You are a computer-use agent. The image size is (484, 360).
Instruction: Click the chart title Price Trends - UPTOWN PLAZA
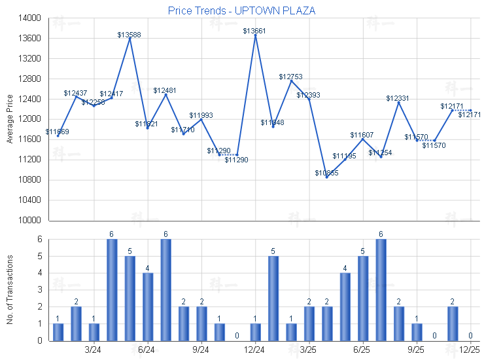[241, 11]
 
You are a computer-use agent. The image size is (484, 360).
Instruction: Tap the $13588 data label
[130, 35]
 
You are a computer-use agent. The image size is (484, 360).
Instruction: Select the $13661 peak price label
[254, 31]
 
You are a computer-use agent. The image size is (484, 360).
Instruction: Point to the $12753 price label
[290, 77]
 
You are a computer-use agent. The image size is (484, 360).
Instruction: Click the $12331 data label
[398, 98]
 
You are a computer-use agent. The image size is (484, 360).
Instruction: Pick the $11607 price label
[362, 135]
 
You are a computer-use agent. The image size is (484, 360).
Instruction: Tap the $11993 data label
[201, 115]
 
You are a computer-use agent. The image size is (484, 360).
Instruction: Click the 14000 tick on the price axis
[27, 18]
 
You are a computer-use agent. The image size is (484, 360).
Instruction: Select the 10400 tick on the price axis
[27, 200]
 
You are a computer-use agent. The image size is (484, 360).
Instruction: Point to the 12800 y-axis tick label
[27, 79]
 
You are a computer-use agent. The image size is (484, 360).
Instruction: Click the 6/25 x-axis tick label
[362, 350]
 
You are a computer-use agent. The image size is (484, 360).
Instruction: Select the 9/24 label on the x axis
[201, 350]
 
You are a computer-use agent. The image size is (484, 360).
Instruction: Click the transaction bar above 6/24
[148, 306]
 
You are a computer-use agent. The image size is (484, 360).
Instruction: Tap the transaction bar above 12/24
[255, 332]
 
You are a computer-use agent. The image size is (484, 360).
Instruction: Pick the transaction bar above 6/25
[362, 298]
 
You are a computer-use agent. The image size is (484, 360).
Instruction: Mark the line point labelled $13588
[130, 39]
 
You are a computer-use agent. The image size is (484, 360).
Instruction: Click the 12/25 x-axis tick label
[470, 350]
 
